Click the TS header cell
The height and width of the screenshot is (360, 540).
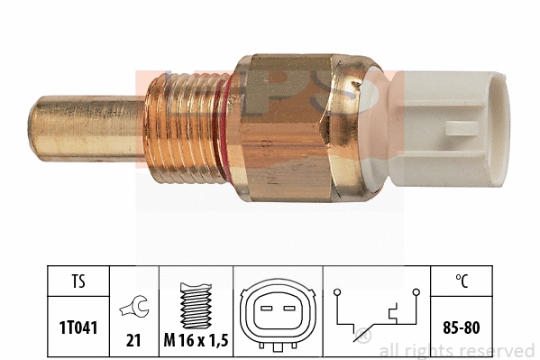point(78,281)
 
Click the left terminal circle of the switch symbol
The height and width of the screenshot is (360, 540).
point(336,292)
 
